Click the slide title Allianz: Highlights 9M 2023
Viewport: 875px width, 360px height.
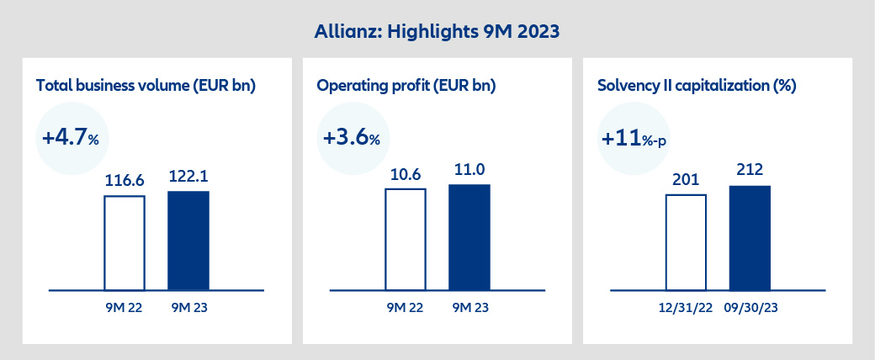tap(437, 32)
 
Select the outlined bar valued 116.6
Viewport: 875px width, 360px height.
tap(125, 243)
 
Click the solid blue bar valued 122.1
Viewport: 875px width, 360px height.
tap(188, 241)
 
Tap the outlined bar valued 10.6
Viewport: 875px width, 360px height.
tap(406, 240)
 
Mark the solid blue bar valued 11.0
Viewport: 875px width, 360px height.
tap(469, 237)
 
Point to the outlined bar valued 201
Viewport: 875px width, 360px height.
tap(686, 243)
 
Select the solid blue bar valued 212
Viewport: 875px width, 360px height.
tap(750, 239)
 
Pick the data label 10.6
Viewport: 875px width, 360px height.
tap(406, 175)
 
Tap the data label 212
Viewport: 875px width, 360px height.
tap(750, 172)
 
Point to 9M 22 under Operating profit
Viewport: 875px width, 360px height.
tap(406, 308)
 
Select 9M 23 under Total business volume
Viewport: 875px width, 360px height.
tap(188, 308)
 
